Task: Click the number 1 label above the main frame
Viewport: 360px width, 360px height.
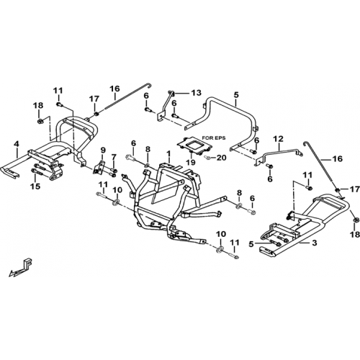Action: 168,153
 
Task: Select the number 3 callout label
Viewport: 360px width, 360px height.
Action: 315,243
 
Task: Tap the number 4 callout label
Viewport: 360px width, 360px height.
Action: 17,144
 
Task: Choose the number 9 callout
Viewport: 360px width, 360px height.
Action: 103,150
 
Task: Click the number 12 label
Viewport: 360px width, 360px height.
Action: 279,139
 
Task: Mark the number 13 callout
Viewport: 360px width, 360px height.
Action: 197,93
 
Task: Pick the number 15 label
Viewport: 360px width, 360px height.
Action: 35,186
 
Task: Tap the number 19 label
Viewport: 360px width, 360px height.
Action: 191,163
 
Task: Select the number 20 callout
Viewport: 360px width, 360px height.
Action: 221,158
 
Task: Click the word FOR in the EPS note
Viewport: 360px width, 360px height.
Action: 207,138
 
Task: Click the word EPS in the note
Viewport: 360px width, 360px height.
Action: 220,138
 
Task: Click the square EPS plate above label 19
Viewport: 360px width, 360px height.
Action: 194,146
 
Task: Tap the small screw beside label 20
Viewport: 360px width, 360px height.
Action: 208,158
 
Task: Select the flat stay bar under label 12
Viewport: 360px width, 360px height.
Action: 279,156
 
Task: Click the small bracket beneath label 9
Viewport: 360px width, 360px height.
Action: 99,167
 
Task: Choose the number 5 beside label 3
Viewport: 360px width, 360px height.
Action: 251,244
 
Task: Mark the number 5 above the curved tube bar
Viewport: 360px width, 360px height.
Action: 236,94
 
